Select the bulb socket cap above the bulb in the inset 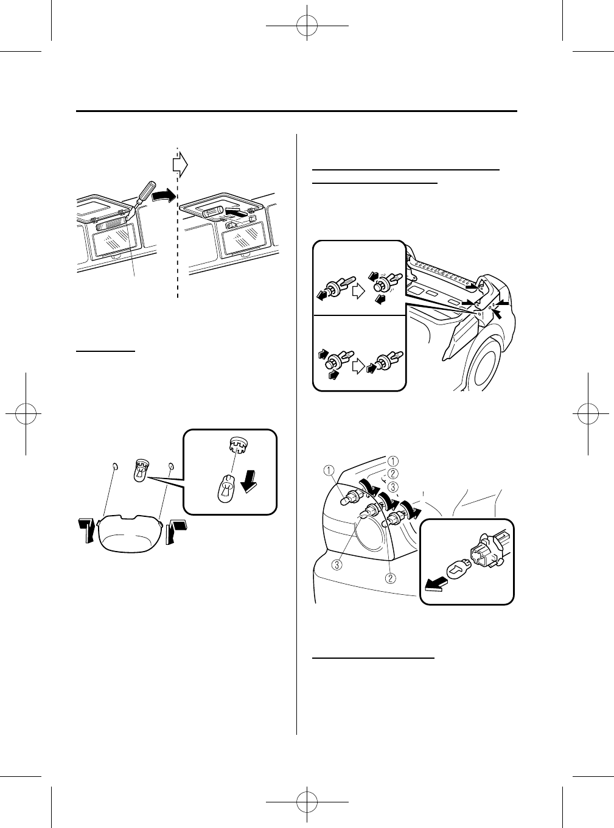(234, 445)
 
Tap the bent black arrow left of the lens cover (86, 530)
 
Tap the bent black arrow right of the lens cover (176, 530)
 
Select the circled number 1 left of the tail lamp (327, 469)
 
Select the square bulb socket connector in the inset (484, 558)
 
